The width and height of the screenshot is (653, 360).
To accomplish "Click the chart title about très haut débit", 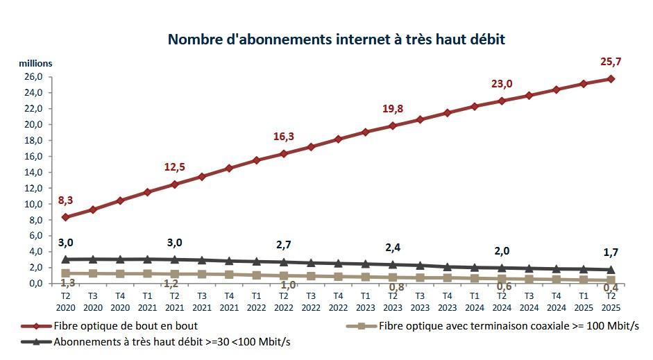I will tap(336, 39).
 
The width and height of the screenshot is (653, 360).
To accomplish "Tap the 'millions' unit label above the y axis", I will tap(35, 63).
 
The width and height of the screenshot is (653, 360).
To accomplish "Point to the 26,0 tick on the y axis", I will tap(35, 77).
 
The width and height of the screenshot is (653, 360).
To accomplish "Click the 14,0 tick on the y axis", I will tap(35, 172).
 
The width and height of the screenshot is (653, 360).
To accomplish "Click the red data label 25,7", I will tap(611, 62).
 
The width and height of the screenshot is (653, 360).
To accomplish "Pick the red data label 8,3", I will tap(65, 200).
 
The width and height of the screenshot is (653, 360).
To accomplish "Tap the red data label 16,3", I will tap(283, 137).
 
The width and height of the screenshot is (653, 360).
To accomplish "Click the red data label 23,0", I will tap(501, 84).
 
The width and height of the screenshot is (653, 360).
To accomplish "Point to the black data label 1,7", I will tap(611, 252).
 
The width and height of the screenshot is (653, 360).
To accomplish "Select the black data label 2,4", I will tap(392, 247).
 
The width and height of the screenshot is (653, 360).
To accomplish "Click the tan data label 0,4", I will tap(611, 288).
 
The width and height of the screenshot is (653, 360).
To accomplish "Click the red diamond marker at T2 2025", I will tap(611, 78).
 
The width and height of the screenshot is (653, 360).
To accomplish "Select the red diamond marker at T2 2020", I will tap(65, 217).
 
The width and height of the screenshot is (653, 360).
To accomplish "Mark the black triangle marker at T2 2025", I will tap(611, 269).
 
